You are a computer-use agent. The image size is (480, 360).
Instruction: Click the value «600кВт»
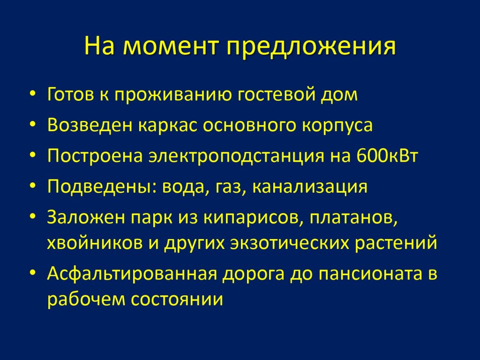point(387,156)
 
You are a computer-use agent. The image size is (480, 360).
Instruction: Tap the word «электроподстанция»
point(236,156)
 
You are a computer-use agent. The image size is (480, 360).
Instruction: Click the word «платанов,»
point(353,218)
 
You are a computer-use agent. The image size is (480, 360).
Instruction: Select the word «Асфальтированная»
point(132,274)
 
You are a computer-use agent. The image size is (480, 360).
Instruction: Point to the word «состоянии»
point(177,299)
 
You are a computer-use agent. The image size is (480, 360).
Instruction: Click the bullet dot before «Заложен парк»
point(33,216)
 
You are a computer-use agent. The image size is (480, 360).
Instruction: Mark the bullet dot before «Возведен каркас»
point(33,124)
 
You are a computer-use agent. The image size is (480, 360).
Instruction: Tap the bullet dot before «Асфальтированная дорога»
point(33,272)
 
